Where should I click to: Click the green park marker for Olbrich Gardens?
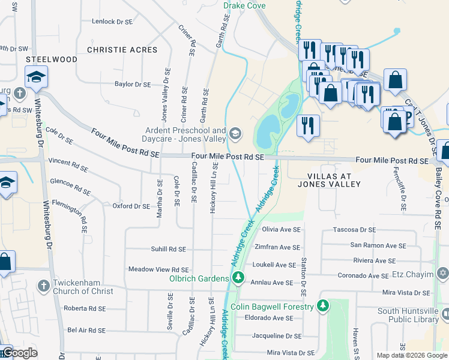tap(238, 278)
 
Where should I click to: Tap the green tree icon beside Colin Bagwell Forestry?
tap(323, 307)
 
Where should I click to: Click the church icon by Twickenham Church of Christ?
tap(43, 286)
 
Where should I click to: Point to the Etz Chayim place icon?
tap(443, 274)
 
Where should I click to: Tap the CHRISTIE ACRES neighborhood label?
tap(122, 50)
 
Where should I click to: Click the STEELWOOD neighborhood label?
tap(51, 60)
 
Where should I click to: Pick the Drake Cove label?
tap(244, 5)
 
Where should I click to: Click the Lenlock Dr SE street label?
tap(112, 21)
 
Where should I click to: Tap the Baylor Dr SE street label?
tap(133, 85)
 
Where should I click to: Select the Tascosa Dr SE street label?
tap(355, 230)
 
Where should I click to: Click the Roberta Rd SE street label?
tap(86, 308)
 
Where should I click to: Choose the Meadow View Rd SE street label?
tap(158, 270)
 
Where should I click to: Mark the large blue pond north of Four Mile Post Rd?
tap(267, 131)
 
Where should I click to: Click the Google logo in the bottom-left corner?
tap(19, 353)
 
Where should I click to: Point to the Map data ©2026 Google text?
tap(412, 355)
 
